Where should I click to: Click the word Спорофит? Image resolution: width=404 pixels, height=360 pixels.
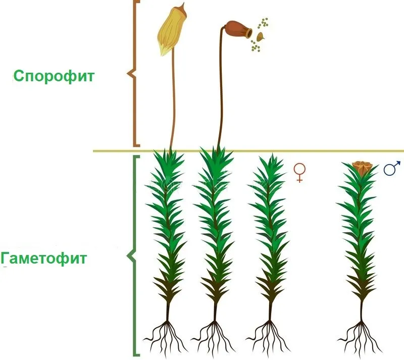click(x=54, y=76)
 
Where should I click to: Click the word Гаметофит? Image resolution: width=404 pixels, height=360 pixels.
click(x=43, y=258)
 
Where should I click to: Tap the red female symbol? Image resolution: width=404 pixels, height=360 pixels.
click(x=299, y=173)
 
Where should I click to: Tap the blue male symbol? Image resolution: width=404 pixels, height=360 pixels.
click(x=392, y=168)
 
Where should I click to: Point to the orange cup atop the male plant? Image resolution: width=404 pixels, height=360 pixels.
click(x=362, y=168)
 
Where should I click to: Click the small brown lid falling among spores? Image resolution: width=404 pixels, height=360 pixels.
click(x=261, y=36)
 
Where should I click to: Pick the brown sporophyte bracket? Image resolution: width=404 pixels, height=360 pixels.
click(x=133, y=73)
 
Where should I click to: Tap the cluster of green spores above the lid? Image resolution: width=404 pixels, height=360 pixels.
click(x=263, y=23)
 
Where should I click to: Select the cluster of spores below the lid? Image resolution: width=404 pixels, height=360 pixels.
click(x=255, y=45)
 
